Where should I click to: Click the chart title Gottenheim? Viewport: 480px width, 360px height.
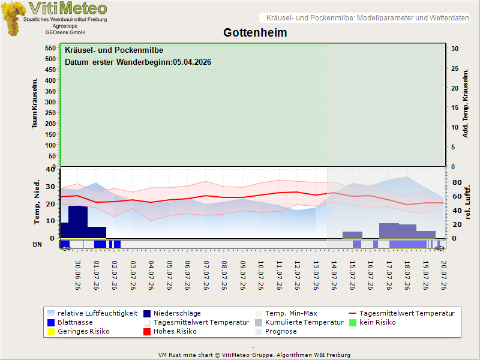click(x=255, y=32)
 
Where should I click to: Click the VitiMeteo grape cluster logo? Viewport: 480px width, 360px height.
click(x=13, y=19)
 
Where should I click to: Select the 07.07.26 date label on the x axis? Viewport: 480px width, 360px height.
click(x=206, y=275)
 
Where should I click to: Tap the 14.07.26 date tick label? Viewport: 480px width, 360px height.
click(x=334, y=275)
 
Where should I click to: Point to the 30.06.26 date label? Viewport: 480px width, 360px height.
click(x=78, y=275)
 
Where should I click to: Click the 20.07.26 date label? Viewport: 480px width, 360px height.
click(x=443, y=275)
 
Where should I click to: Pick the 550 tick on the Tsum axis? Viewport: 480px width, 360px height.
click(x=50, y=48)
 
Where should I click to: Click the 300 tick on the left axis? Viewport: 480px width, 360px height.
click(x=50, y=102)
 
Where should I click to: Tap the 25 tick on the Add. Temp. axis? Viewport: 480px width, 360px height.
click(x=455, y=68)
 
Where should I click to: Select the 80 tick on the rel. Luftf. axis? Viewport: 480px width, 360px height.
click(x=457, y=182)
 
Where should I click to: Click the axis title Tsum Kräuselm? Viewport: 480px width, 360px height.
click(x=34, y=103)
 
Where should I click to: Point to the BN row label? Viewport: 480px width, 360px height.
click(x=37, y=244)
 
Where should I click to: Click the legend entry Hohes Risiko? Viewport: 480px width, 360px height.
click(x=170, y=331)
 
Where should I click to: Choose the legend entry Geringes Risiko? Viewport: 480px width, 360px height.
click(x=79, y=331)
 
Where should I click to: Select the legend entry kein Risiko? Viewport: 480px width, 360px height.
click(x=373, y=322)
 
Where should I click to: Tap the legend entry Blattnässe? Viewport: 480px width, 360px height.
click(x=70, y=322)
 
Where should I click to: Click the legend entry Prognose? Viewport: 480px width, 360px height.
click(x=276, y=331)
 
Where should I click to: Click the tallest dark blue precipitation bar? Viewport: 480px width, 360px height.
click(x=78, y=222)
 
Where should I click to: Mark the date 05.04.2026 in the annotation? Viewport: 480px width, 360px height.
click(x=192, y=62)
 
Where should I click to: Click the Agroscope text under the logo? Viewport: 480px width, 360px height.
click(x=65, y=26)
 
